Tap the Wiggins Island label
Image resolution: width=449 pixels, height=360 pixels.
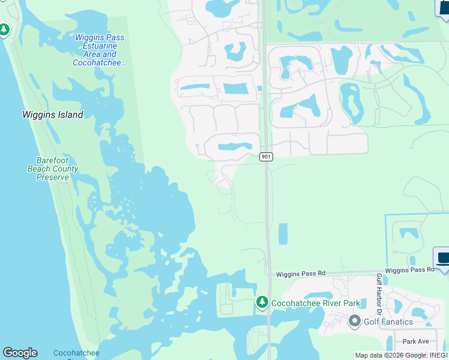click(53, 115)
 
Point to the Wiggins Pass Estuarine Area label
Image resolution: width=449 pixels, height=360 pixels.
click(99, 50)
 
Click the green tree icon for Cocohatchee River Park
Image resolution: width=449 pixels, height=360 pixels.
click(262, 302)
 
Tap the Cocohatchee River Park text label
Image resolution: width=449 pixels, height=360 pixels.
click(316, 303)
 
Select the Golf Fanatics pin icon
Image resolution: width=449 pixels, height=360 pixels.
click(354, 321)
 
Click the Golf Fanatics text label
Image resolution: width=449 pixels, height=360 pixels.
click(388, 322)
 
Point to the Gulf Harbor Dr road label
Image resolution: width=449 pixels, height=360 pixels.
click(379, 294)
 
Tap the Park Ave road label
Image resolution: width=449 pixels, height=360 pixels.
click(415, 341)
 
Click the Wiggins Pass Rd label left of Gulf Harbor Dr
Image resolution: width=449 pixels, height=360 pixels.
click(300, 274)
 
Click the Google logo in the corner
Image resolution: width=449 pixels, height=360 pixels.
click(20, 353)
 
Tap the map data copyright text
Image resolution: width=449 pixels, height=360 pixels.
click(401, 355)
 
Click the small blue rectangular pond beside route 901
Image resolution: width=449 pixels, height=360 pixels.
click(283, 234)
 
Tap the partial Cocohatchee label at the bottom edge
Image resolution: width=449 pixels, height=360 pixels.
click(76, 353)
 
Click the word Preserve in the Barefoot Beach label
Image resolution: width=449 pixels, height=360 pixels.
click(52, 177)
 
